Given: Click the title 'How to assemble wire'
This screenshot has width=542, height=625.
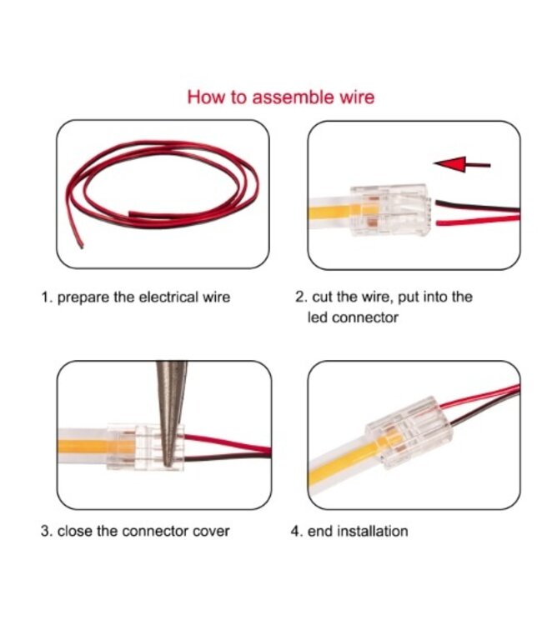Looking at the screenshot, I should [x=280, y=97].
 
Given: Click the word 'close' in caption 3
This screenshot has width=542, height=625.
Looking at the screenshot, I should [x=74, y=531].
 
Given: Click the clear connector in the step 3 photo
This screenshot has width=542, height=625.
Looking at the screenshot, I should [x=143, y=446].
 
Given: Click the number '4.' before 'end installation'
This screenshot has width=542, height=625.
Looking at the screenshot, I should [x=296, y=531].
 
